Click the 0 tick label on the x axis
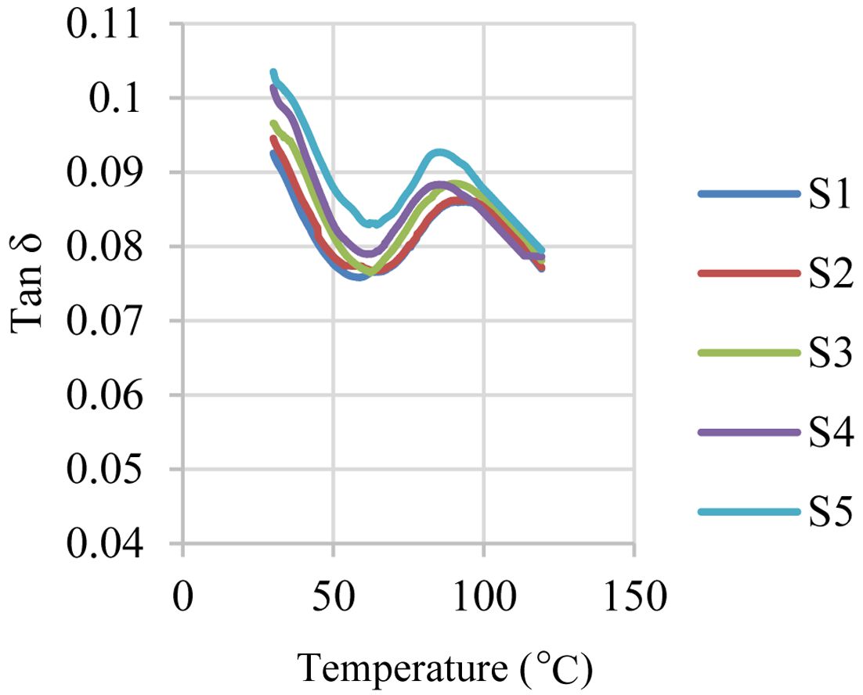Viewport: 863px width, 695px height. point(182,599)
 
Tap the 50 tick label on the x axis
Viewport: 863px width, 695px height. point(333,599)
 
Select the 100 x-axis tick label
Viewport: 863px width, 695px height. point(483,599)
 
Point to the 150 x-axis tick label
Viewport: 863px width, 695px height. point(634,599)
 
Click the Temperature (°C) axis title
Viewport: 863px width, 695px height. point(444,669)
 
